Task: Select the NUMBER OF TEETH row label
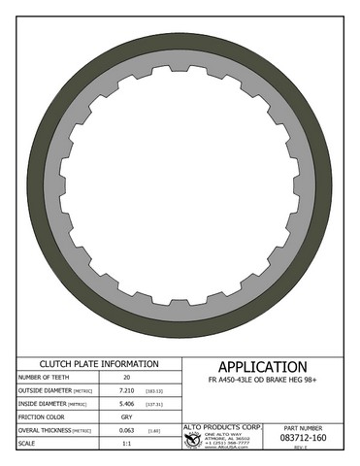pyautogui.click(x=45, y=378)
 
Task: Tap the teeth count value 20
pyautogui.click(x=125, y=378)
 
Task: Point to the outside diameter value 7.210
pyautogui.click(x=125, y=390)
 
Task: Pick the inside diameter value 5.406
pyautogui.click(x=125, y=404)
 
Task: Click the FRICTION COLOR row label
pyautogui.click(x=41, y=416)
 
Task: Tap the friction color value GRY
pyautogui.click(x=125, y=416)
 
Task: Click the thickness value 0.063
pyautogui.click(x=125, y=430)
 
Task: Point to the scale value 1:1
pyautogui.click(x=125, y=444)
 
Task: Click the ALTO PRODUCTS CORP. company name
pyautogui.click(x=222, y=426)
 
